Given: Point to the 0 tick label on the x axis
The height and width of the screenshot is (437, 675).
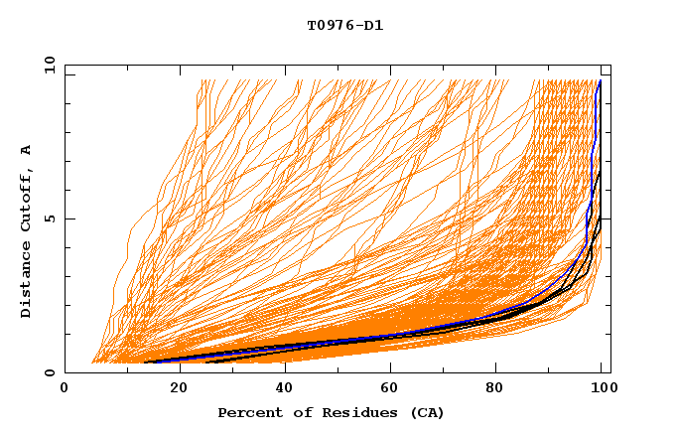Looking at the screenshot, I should coord(65,389).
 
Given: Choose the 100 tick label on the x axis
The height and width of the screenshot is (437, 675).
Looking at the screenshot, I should coord(603,389).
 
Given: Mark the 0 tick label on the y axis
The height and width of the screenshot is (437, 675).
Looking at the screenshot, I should coord(49,372).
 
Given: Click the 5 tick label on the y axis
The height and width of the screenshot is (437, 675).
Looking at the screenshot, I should coord(49,218).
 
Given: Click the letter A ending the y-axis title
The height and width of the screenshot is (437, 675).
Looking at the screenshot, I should coord(26,150).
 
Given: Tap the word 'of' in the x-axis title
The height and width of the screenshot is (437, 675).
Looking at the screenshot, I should coord(294,413).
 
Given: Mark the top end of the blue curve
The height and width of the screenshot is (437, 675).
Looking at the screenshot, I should coord(600,80).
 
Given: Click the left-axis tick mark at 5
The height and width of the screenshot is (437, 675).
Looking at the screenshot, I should coord(68,218).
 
